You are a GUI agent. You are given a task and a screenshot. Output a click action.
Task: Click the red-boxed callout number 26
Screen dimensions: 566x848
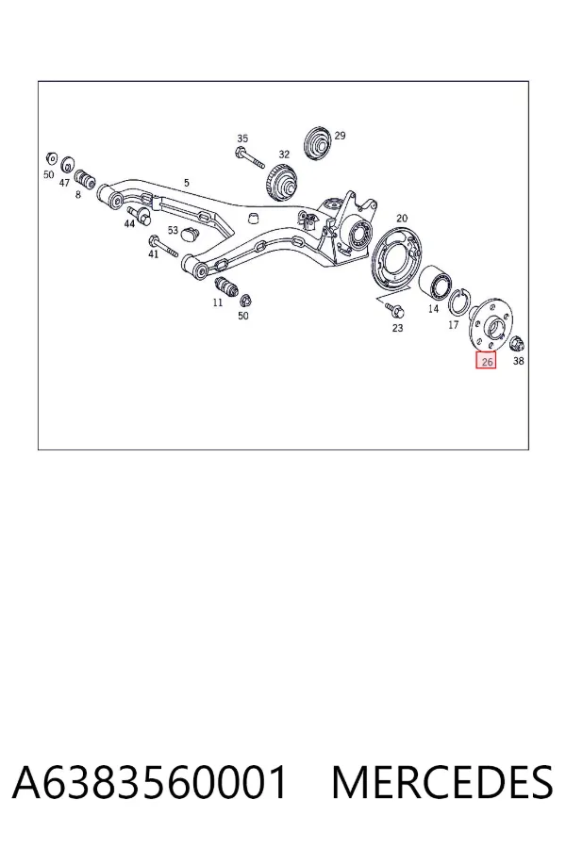pos(487,361)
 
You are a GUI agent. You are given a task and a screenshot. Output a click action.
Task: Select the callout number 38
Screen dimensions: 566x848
pos(518,361)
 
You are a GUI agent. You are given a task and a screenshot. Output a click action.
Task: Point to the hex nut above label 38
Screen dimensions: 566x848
pos(517,342)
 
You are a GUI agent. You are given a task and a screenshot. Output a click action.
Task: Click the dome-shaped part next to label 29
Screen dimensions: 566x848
pos(318,143)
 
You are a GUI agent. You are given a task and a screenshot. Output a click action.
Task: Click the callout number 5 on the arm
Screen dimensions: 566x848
pos(187,183)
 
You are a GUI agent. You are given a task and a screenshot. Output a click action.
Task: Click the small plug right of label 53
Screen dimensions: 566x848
pos(191,234)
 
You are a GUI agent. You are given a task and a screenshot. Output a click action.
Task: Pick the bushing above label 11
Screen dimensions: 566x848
pos(225,285)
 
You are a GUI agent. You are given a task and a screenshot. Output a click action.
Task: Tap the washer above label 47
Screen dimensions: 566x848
pos(68,163)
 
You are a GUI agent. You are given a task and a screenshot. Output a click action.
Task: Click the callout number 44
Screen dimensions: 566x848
pos(129,223)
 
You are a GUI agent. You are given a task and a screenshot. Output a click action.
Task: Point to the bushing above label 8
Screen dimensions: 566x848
pos(84,178)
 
